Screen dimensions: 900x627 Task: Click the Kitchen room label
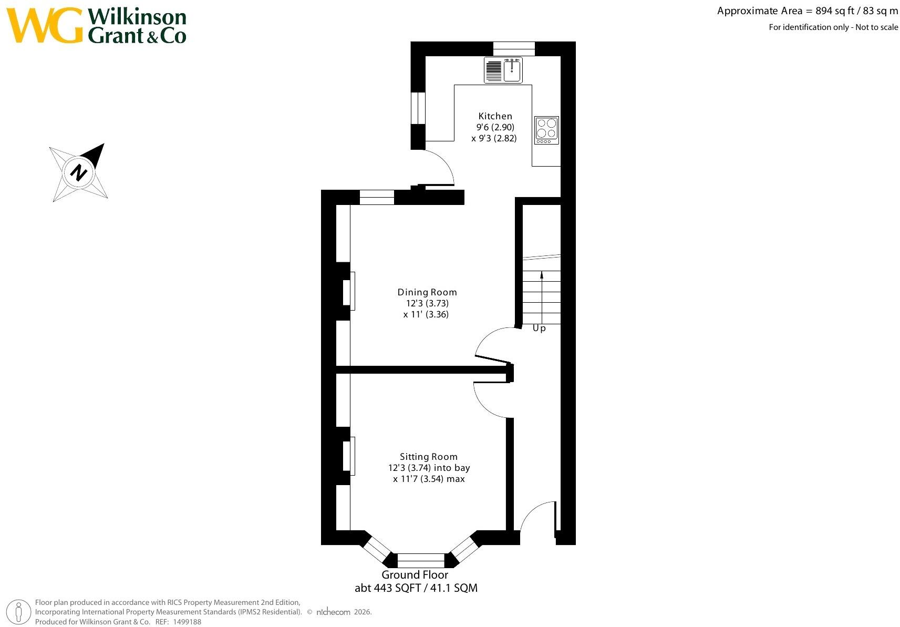tap(495, 116)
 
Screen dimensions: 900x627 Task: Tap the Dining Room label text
tap(427, 292)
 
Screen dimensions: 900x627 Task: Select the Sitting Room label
tap(429, 457)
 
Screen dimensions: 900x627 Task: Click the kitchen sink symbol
tap(503, 70)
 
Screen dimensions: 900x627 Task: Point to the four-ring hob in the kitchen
tap(546, 130)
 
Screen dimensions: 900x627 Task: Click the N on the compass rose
tap(79, 173)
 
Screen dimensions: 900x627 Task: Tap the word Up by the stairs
tap(539, 328)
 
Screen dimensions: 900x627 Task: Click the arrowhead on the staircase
tap(542, 275)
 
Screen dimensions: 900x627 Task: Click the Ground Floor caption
tap(415, 575)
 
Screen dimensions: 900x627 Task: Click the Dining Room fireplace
tap(349, 291)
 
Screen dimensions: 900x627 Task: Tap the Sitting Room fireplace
tap(349, 456)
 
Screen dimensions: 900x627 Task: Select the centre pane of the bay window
tap(421, 560)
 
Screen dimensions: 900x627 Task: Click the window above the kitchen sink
tap(514, 49)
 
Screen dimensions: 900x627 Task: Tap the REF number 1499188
tap(187, 622)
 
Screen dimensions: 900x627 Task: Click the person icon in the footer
tap(18, 612)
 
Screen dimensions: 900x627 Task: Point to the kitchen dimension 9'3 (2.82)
tap(494, 138)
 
